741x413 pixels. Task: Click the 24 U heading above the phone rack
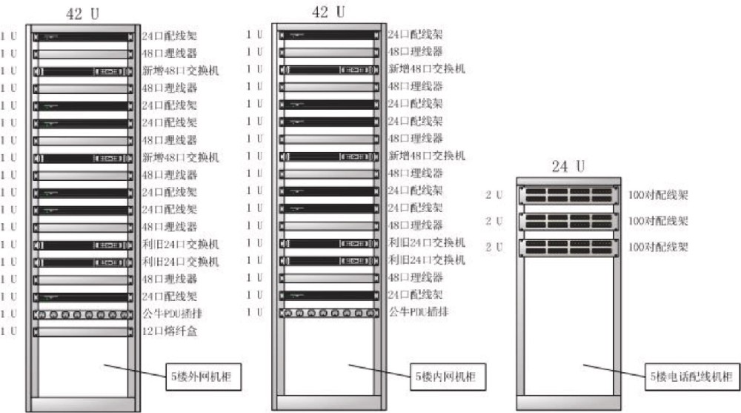click(x=567, y=167)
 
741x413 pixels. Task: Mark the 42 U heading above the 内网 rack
click(x=328, y=12)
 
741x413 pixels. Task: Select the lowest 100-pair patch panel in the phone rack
click(x=566, y=247)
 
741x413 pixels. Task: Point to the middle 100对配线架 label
click(x=658, y=221)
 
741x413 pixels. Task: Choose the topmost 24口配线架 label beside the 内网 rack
click(x=415, y=34)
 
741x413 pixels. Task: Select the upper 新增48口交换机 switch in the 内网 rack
click(x=329, y=70)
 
